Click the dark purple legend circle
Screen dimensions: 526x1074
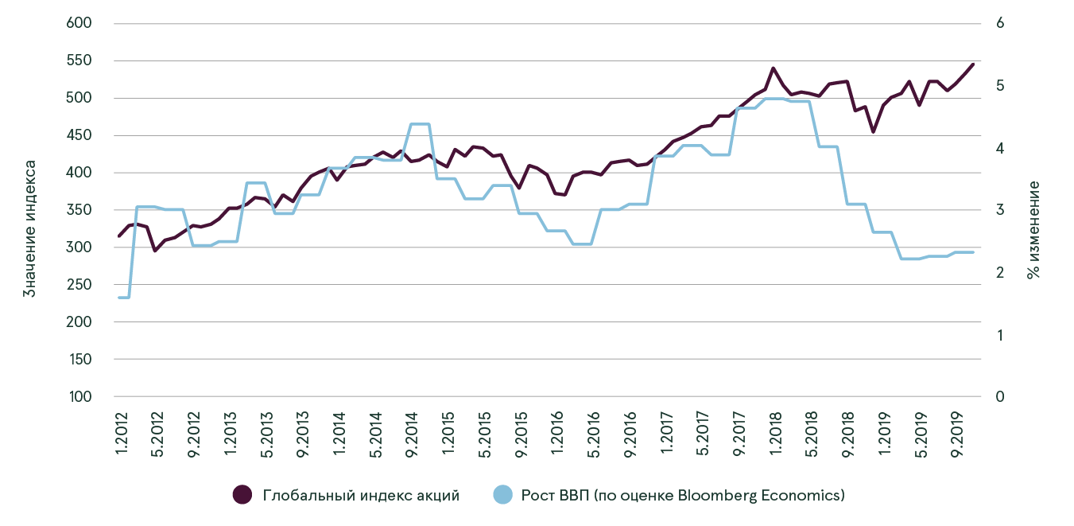[242, 495]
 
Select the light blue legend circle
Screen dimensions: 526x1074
[502, 495]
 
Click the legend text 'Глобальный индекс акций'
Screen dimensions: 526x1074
[361, 495]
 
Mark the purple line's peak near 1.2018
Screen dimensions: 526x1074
[774, 68]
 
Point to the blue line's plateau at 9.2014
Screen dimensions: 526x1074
[419, 124]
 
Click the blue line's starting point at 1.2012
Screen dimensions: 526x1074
[119, 298]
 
